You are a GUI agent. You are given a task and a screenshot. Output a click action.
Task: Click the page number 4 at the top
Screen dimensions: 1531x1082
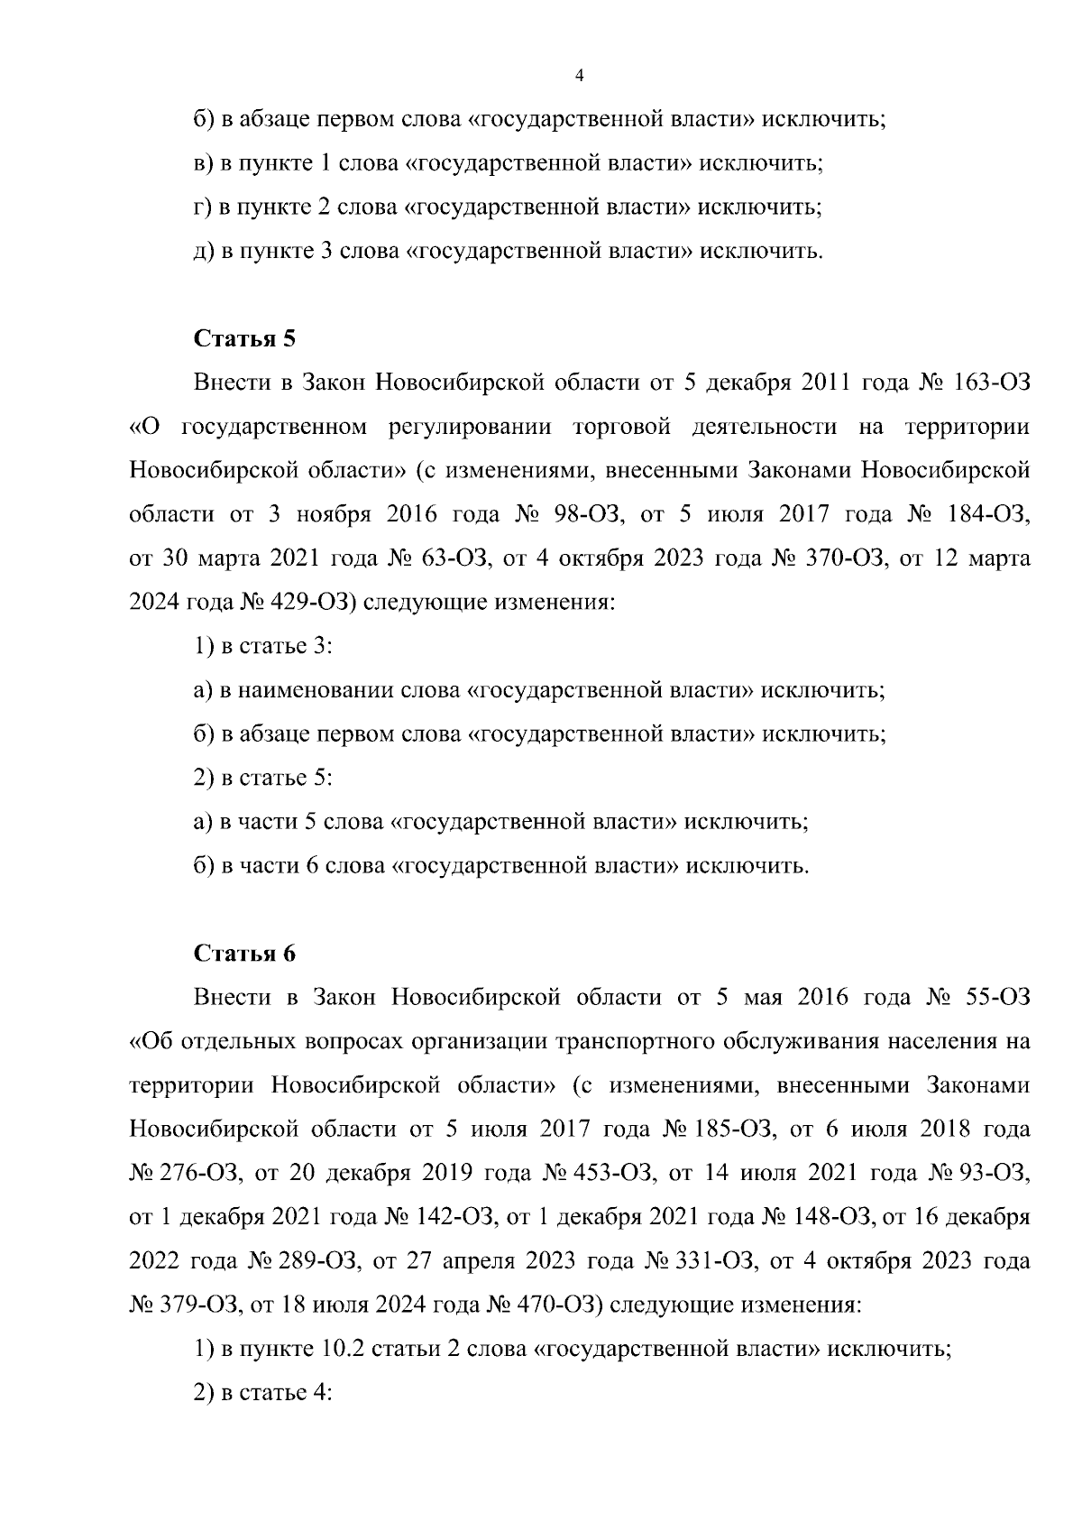579,77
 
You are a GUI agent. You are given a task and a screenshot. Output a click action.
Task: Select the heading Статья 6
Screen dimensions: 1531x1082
244,954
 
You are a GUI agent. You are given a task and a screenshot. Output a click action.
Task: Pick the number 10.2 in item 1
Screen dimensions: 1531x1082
341,1349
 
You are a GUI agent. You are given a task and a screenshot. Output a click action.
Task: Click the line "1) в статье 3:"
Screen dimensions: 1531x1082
264,646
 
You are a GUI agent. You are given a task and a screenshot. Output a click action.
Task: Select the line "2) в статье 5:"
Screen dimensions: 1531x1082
264,778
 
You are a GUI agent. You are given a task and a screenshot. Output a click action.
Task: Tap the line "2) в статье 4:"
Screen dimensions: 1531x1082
264,1392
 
